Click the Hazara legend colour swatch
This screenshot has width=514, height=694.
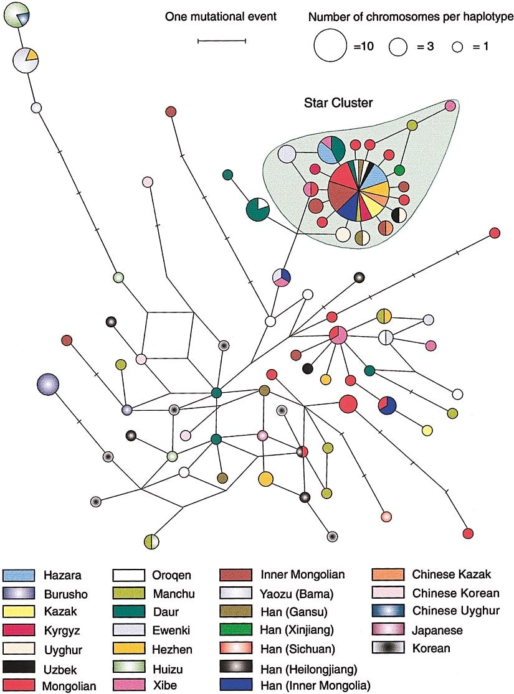18,576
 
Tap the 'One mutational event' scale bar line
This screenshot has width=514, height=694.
222,41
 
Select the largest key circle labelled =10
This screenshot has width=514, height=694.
330,46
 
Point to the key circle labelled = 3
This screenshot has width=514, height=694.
398,46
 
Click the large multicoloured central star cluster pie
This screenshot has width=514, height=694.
359,192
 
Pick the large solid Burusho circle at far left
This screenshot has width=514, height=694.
48,384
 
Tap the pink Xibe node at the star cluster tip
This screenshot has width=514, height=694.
450,106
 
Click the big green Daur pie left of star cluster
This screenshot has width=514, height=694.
257,209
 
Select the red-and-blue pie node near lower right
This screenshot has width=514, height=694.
387,405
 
